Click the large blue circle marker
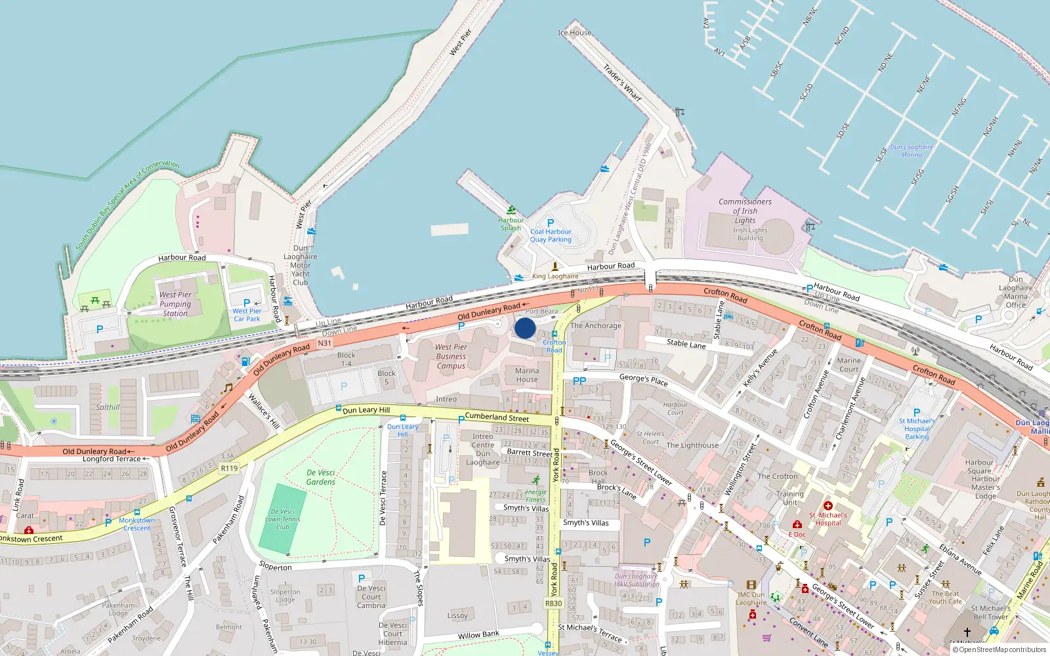(525, 328)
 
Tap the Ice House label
(574, 33)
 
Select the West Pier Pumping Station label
(175, 304)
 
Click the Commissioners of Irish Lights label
(745, 211)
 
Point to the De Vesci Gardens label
(321, 477)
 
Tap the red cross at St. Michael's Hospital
(828, 506)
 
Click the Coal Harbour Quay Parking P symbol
(551, 223)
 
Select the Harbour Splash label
(511, 224)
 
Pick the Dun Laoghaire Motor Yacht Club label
(300, 265)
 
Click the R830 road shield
(553, 604)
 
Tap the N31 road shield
(324, 343)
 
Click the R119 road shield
(229, 468)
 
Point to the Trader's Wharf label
(622, 82)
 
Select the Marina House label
(526, 375)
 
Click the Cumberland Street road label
(497, 417)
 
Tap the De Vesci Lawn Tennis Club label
(283, 519)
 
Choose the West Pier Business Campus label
(451, 356)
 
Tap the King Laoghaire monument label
(555, 276)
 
